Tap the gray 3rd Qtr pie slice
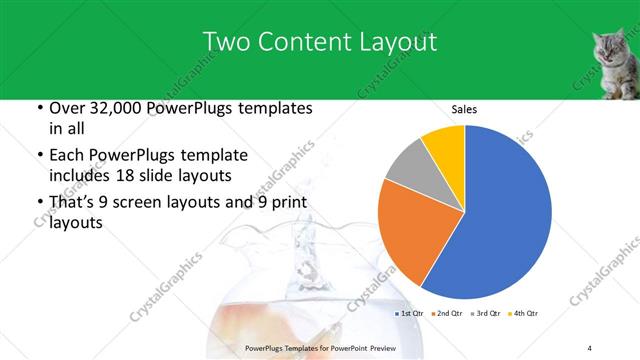(409, 164)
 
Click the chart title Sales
(464, 109)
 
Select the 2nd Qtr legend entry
(448, 314)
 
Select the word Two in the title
(227, 41)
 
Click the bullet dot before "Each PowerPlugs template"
(38, 156)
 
